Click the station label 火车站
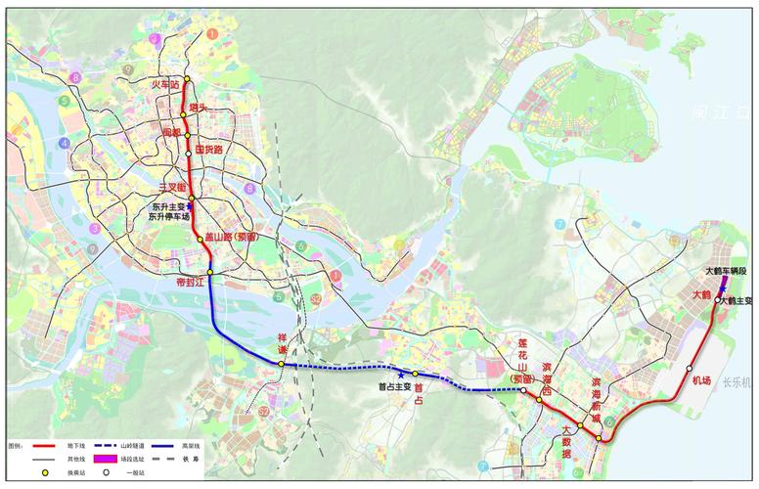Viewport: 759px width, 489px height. [165, 86]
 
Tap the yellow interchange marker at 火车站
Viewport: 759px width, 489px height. [187, 79]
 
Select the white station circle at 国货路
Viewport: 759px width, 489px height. [188, 154]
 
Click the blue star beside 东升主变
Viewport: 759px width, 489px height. [190, 206]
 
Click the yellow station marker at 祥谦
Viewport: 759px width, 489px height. [282, 364]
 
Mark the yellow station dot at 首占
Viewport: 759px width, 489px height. [415, 374]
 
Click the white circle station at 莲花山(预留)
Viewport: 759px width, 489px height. [524, 391]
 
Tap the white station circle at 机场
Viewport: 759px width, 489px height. [690, 368]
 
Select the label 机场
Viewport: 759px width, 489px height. [700, 380]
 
